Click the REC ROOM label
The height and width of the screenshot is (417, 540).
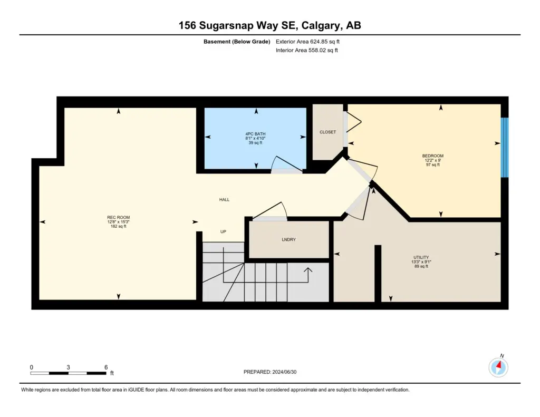point(119,217)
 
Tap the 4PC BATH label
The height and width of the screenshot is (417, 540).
point(256,134)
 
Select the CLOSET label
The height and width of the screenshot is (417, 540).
point(327,132)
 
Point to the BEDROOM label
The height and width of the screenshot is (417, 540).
point(433,156)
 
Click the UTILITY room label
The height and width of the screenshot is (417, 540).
point(421,257)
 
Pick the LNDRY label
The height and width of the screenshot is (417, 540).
point(288,240)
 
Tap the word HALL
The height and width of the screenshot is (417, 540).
point(224,199)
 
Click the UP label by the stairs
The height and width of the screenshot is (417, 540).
point(223,232)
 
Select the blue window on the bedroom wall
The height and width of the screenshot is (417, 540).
point(505,148)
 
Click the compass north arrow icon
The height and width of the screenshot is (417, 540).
point(498,367)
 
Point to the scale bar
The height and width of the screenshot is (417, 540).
point(68,373)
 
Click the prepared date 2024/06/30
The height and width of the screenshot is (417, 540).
point(284,372)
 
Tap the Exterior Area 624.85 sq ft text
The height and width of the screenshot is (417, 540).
point(307,42)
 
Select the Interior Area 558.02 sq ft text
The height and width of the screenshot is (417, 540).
point(306,50)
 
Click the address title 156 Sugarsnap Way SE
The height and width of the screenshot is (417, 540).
point(239,25)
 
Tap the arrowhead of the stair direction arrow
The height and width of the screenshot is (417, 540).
point(308,270)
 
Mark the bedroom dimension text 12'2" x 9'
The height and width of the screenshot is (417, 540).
point(433,160)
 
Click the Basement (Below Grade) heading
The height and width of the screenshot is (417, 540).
point(237,42)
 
